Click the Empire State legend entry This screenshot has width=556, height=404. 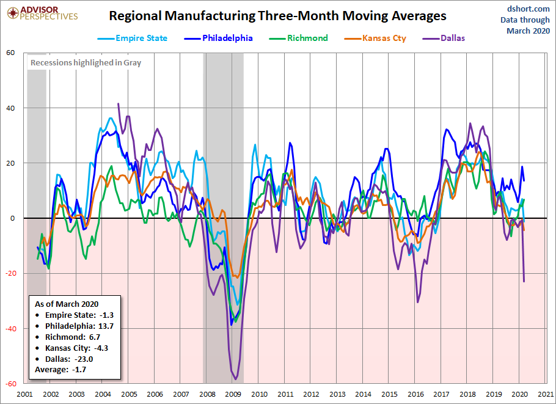point(133,38)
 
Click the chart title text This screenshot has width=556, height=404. point(277,15)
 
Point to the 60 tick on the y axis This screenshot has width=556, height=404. point(10,53)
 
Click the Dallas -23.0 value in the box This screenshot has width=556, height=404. point(73,359)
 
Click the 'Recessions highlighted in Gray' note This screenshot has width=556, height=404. point(86,62)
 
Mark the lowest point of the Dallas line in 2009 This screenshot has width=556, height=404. point(235,379)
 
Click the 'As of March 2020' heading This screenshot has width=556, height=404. point(67,304)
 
